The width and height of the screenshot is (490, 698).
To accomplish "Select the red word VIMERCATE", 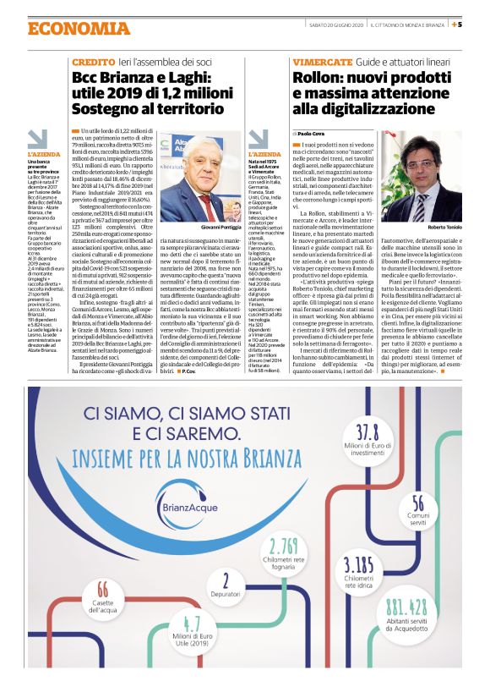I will tap(321, 63).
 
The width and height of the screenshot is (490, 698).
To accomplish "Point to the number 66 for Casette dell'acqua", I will tap(103, 590).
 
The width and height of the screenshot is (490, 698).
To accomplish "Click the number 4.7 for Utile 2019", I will tap(192, 626).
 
